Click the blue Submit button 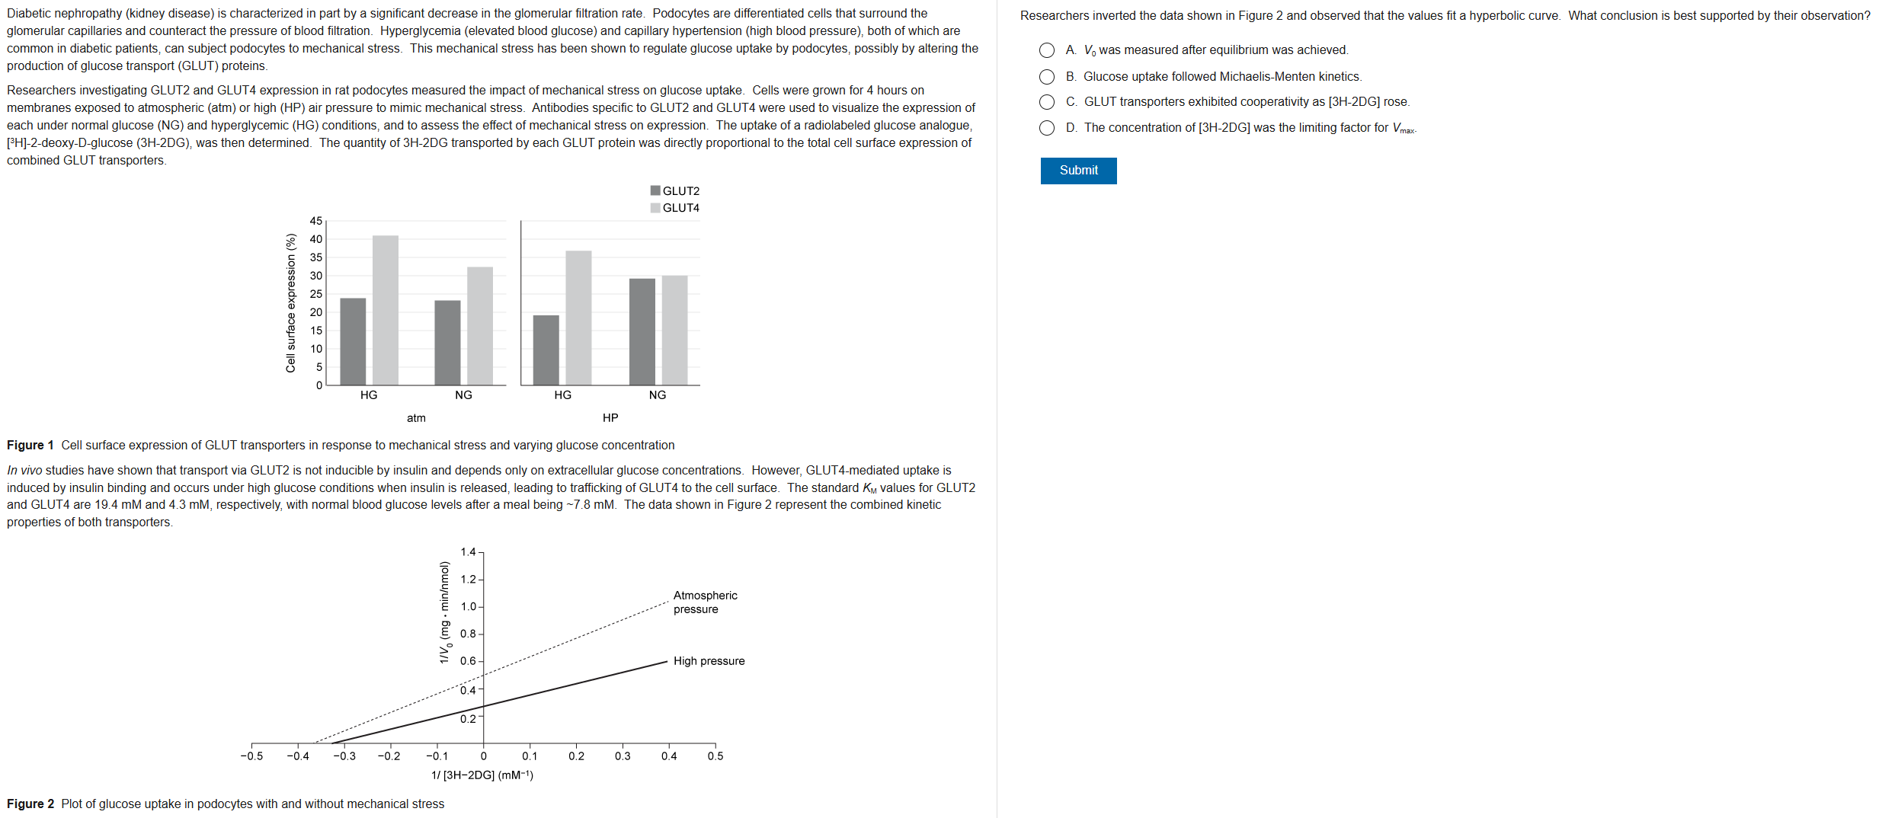click(x=1078, y=171)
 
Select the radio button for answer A click(x=1047, y=50)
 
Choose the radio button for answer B click(x=1047, y=77)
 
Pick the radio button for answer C click(x=1047, y=102)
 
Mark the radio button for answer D click(x=1047, y=128)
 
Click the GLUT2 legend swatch click(x=655, y=190)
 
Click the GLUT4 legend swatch click(x=655, y=208)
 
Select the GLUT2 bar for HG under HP click(x=546, y=350)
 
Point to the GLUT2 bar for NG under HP click(x=642, y=331)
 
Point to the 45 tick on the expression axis click(x=315, y=221)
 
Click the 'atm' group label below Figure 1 click(x=416, y=418)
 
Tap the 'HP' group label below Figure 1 click(x=610, y=418)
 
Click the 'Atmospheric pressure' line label click(x=705, y=602)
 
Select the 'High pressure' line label click(x=709, y=661)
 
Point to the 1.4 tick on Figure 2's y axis click(x=468, y=552)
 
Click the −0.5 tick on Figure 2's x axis click(x=251, y=756)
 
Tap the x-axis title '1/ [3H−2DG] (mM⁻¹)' click(x=482, y=775)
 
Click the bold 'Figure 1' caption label click(x=30, y=446)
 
